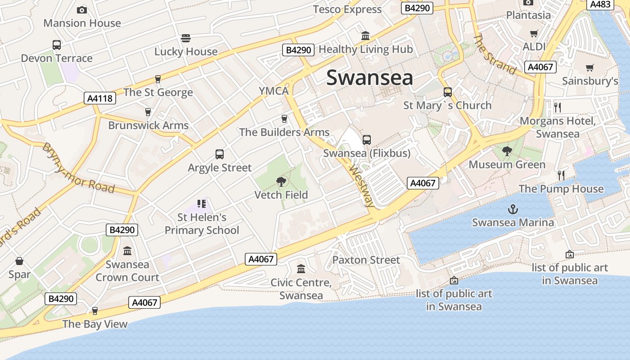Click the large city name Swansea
(369, 77)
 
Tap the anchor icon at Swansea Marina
(513, 209)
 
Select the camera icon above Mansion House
(82, 10)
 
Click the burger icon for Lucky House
(186, 38)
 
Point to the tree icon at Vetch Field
(281, 182)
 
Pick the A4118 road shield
(100, 98)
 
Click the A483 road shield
(600, 4)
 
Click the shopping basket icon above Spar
(19, 261)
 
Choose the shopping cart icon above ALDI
(534, 33)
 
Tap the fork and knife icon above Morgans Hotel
(558, 107)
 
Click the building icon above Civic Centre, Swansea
(301, 269)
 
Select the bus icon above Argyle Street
(220, 154)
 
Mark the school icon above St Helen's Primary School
(202, 204)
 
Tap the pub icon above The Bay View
(94, 311)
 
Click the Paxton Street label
(366, 260)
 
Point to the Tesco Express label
(347, 9)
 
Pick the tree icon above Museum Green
(507, 151)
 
